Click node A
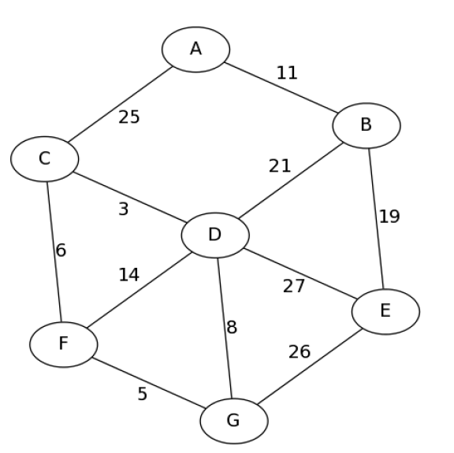point(195,49)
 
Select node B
point(366,124)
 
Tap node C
point(44,159)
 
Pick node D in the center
point(214,235)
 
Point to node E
point(385,310)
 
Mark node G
point(233,421)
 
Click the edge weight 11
point(287,73)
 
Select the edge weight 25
point(129,117)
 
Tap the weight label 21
point(280,166)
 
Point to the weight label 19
point(389,217)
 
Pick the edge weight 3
point(124,210)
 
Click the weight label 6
point(61,251)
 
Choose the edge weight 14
point(128,275)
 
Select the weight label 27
point(293,286)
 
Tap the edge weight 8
point(232,328)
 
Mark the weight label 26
point(299,351)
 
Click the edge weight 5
point(142,394)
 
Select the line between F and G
point(148,383)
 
